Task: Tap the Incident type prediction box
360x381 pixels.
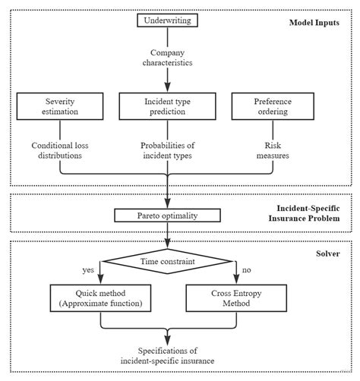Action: coord(166,107)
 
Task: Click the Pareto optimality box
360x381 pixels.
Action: coord(166,216)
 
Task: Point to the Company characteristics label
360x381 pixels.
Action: coord(166,58)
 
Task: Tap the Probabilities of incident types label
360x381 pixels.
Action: coord(166,151)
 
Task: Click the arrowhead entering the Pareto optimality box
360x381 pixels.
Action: coord(166,205)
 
